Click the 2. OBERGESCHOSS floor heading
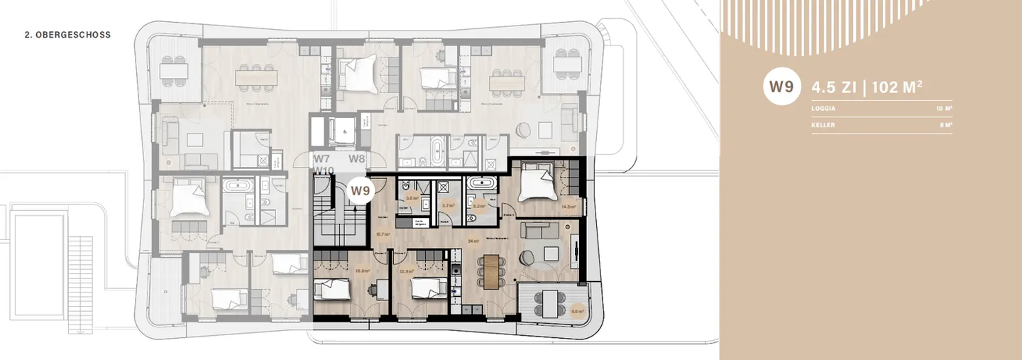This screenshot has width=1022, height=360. point(67,35)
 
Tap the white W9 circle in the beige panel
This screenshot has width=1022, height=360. point(781,87)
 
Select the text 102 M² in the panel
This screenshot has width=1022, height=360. point(896,88)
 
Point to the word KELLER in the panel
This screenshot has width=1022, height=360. point(824,125)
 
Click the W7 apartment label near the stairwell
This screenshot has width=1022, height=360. point(322,158)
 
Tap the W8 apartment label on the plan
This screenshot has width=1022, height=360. point(356,158)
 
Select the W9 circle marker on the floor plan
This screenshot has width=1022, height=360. point(361,190)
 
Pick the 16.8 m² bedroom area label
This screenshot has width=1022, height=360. point(344,271)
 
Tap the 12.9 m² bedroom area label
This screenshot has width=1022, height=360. point(406,271)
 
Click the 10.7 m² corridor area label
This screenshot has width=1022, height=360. point(382,234)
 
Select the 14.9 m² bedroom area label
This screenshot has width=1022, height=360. point(568,207)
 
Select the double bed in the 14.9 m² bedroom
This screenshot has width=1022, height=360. point(536,183)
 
